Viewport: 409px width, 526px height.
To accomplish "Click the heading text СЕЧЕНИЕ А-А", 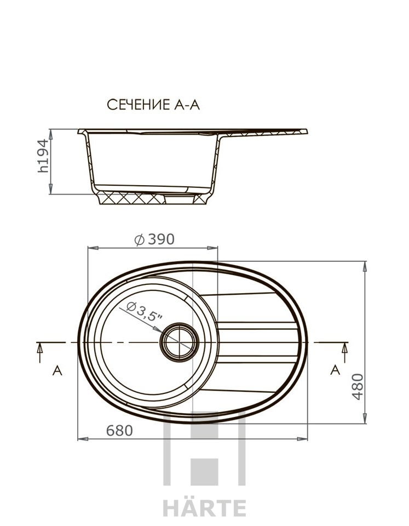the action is pos(153,105).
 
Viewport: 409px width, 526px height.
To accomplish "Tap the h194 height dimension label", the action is pos(43,156).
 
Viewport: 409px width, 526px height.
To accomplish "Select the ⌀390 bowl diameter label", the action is pos(154,239).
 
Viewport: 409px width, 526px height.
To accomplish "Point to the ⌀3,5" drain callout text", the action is pos(145,312).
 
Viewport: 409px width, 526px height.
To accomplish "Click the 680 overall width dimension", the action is pos(119,431).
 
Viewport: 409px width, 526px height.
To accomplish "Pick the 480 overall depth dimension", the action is pos(358,386).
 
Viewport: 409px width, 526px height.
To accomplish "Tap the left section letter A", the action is pos(57,370).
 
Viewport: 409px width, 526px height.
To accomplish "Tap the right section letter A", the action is pos(335,370).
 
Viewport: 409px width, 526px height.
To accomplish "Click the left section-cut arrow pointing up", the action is pos(40,352).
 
